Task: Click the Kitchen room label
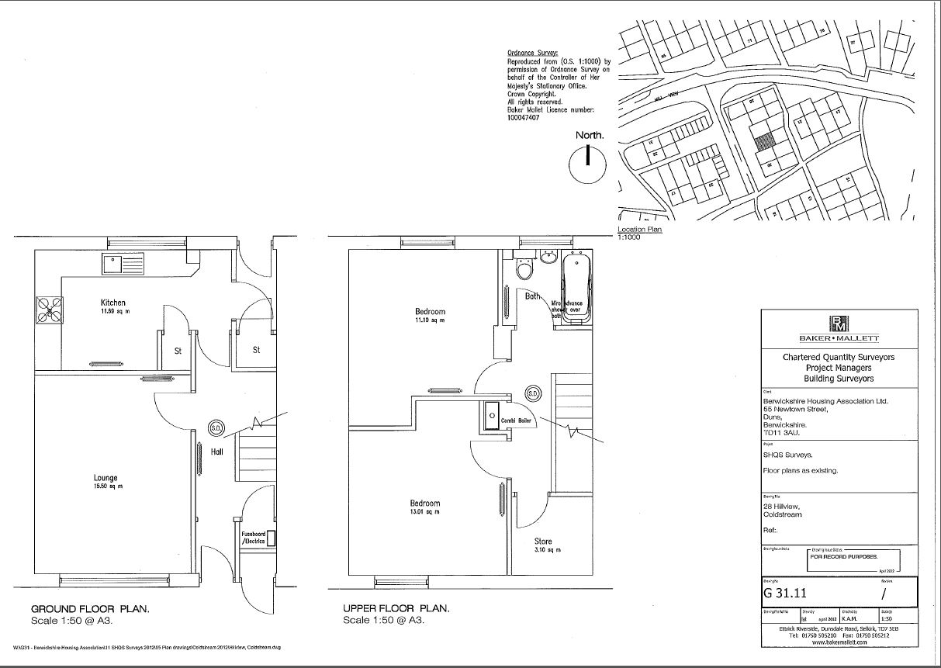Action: pos(112,303)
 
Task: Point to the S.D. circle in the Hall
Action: pos(216,427)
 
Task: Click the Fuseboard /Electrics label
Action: pos(254,537)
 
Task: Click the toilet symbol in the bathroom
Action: pos(525,269)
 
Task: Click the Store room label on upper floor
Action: pos(543,542)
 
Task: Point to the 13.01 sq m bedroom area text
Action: pos(424,513)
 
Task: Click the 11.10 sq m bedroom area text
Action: pos(430,320)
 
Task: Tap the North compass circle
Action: pos(587,164)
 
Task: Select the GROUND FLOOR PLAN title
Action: pos(90,609)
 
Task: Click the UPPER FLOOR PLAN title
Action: pos(396,609)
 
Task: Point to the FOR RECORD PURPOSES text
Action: pos(844,557)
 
